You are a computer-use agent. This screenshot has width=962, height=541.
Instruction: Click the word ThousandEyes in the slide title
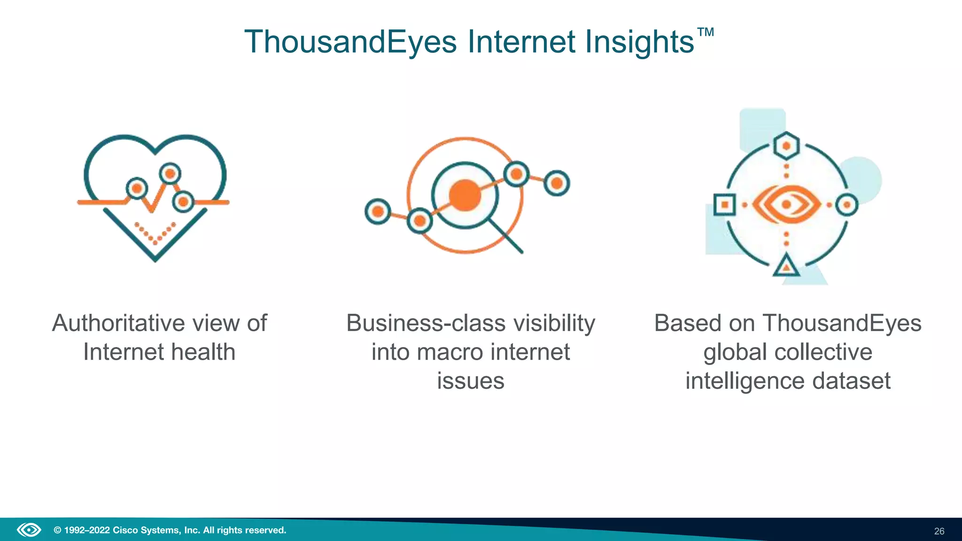[x=350, y=42]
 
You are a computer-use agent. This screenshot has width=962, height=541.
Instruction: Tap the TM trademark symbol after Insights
[x=705, y=32]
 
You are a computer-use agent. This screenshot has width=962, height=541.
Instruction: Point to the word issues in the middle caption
[x=470, y=381]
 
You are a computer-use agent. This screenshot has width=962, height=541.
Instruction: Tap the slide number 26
[x=939, y=531]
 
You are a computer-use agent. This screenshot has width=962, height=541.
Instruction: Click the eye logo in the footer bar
[x=29, y=530]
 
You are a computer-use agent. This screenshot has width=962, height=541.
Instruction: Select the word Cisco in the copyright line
[x=125, y=530]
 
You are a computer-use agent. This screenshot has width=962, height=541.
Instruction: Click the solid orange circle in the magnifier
[x=465, y=195]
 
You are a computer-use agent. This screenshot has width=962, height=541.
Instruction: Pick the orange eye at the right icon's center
[x=787, y=204]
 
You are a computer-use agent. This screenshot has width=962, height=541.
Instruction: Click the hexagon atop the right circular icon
[x=787, y=146]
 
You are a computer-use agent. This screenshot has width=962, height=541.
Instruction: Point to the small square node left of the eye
[x=724, y=205]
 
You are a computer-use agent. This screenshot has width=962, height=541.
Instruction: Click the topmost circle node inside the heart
[x=170, y=174]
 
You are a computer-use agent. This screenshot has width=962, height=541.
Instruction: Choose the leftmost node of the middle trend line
[x=378, y=212]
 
